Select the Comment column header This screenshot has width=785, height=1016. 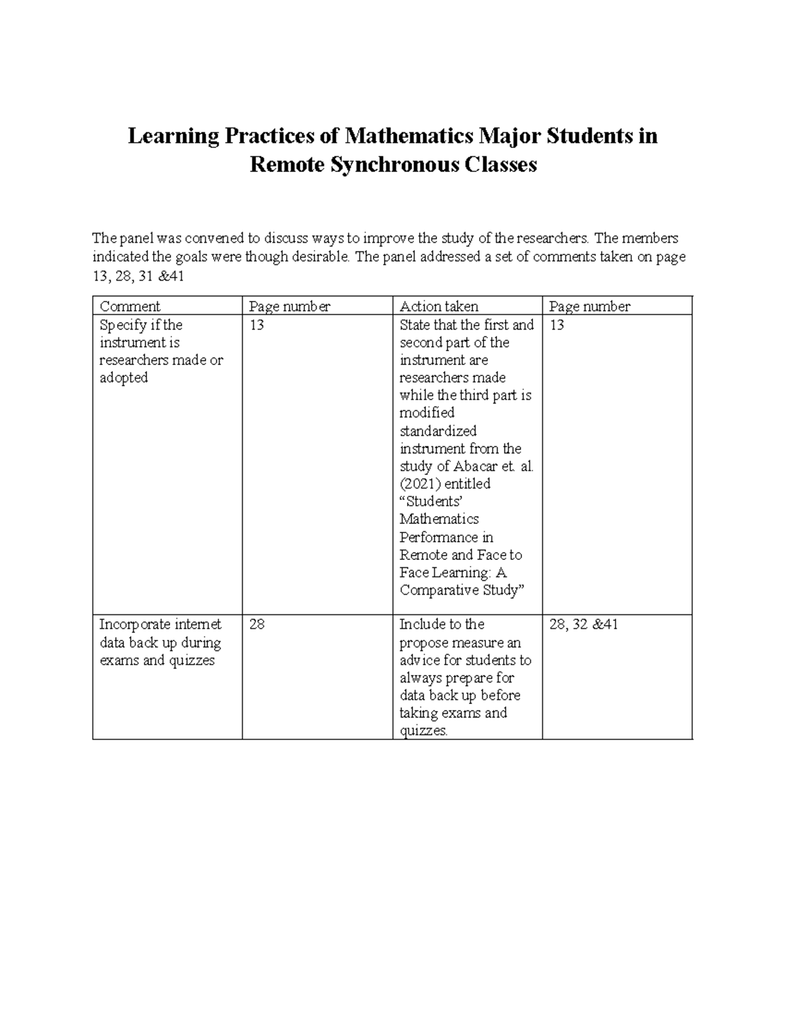point(130,306)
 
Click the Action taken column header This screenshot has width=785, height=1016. point(439,306)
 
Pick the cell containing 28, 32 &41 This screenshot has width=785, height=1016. point(584,625)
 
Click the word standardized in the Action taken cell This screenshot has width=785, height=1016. point(438,431)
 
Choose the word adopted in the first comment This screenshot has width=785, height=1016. point(124,378)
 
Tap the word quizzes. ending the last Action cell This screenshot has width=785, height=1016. point(424,731)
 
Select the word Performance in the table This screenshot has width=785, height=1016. point(446,537)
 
